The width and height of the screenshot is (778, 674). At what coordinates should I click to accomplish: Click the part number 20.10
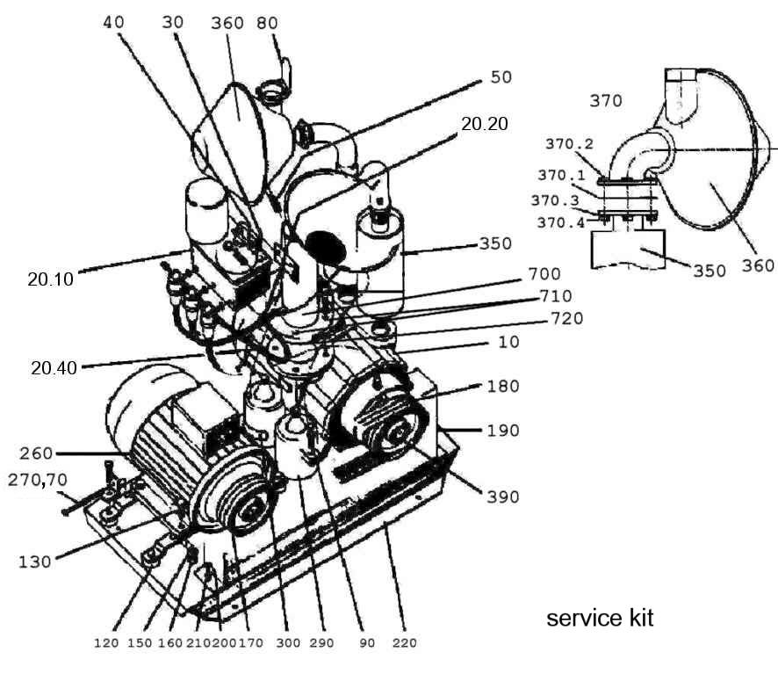[x=50, y=280]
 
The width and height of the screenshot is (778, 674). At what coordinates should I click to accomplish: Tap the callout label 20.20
[x=484, y=124]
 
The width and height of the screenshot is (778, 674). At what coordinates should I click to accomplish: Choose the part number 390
[x=501, y=496]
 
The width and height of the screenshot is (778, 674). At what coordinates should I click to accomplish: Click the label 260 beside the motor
[x=36, y=453]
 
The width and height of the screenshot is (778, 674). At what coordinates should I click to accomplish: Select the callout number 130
[x=35, y=561]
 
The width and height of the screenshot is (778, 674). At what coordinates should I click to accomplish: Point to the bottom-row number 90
[x=366, y=643]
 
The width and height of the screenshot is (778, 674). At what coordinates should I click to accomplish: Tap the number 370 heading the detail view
[x=605, y=101]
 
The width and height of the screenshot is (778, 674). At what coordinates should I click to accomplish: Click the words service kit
[x=600, y=619]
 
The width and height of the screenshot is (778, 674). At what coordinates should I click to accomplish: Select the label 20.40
[x=54, y=368]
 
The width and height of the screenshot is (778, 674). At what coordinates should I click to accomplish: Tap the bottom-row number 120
[x=106, y=643]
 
